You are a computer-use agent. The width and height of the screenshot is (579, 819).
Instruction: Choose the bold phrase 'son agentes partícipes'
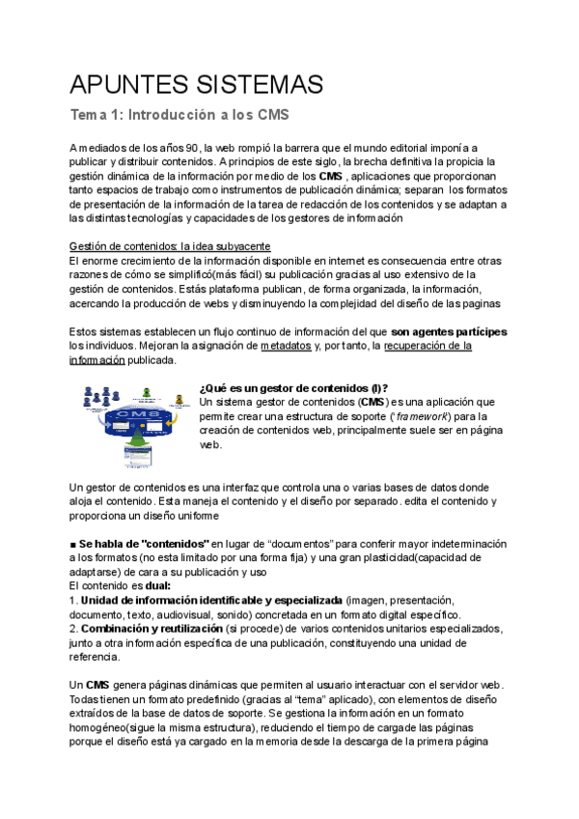click(x=450, y=331)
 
